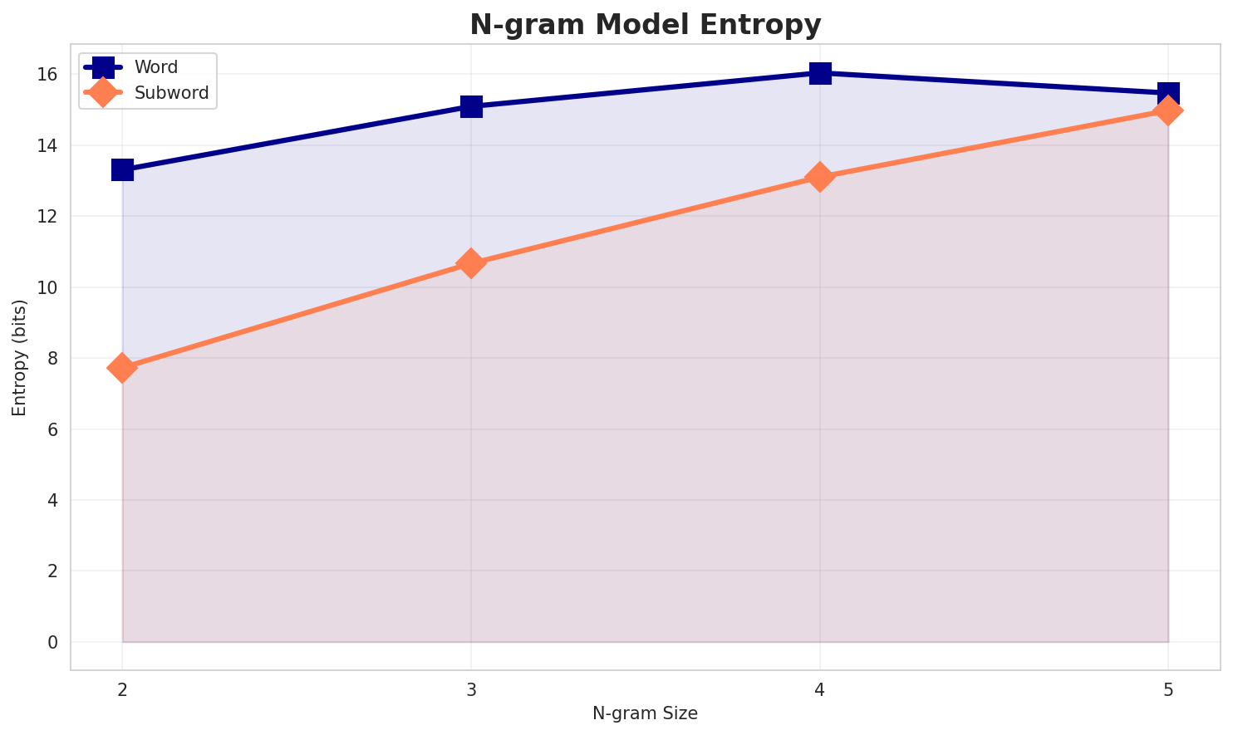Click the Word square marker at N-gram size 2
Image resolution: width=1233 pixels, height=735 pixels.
tap(122, 170)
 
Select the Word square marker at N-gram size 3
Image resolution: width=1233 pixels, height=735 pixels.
tap(471, 106)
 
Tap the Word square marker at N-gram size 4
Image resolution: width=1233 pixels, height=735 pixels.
tap(820, 73)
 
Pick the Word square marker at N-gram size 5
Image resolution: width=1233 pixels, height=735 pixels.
tap(1168, 93)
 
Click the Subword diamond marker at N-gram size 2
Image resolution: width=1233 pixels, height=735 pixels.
tap(122, 367)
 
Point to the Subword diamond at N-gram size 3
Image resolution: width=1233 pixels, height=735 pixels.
tap(471, 263)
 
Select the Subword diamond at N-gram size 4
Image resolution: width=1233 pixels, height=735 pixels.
tap(820, 177)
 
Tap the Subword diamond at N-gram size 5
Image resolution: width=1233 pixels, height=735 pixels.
tap(1168, 110)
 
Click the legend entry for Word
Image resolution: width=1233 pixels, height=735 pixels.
tap(156, 67)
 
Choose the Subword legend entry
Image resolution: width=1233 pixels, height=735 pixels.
tap(171, 92)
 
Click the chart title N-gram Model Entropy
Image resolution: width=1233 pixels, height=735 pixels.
tap(646, 25)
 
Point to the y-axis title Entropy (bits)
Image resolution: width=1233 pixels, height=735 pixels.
tap(19, 357)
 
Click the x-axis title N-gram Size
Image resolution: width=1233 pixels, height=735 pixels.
tap(645, 713)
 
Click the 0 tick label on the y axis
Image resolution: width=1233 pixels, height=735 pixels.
tap(52, 642)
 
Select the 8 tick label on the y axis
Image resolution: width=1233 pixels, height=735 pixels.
tap(52, 358)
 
